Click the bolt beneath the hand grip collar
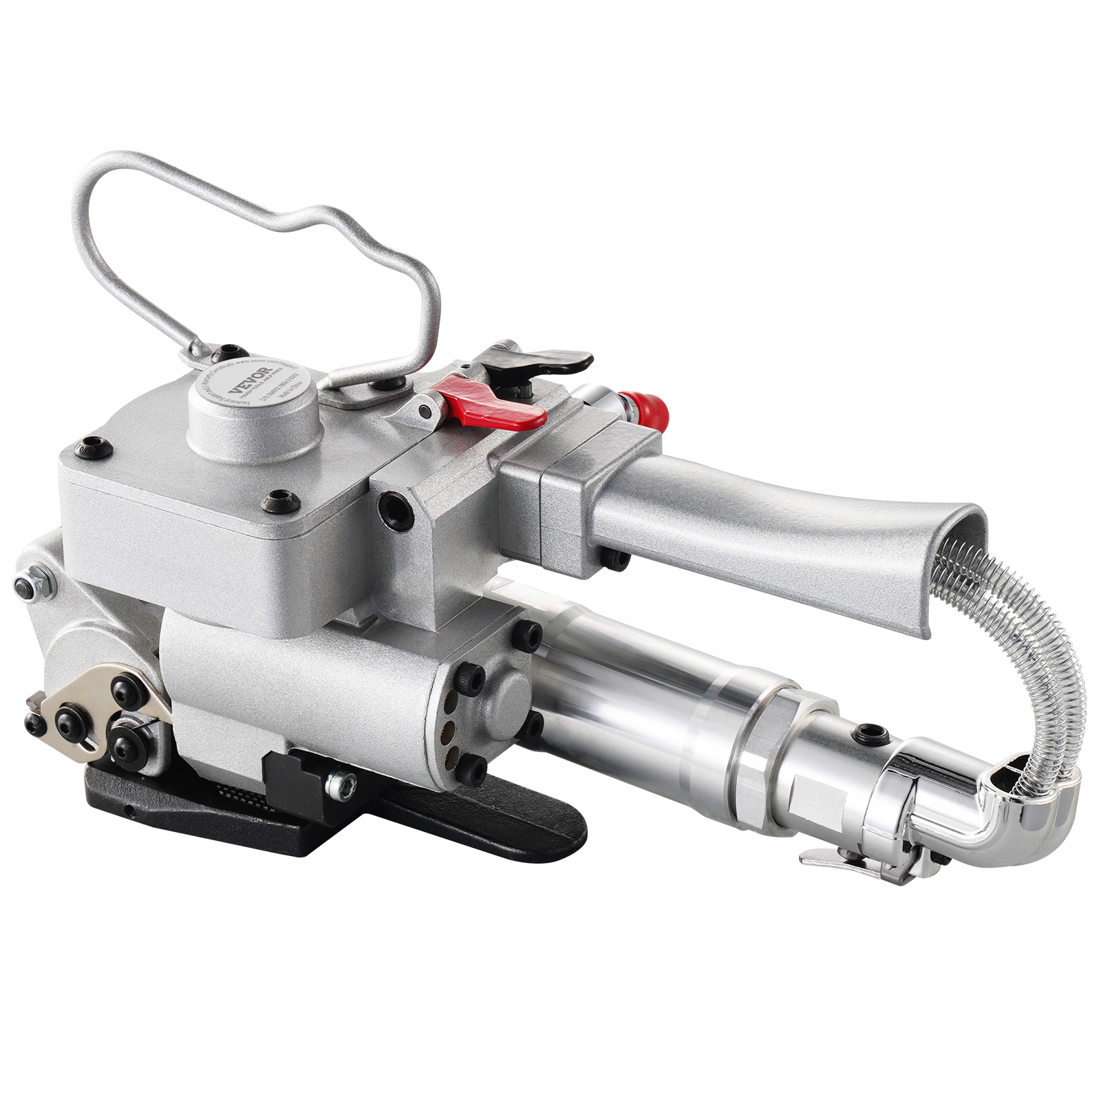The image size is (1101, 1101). (x=615, y=558)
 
